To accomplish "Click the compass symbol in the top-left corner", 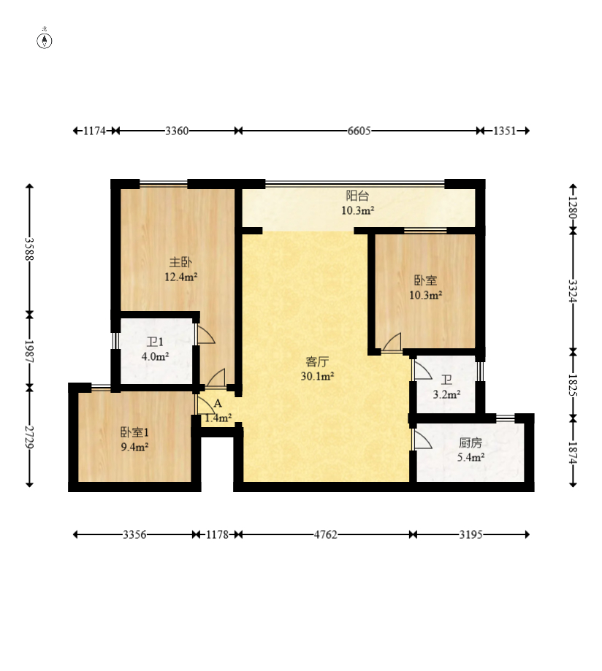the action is [x=44, y=40].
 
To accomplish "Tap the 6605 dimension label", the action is [x=359, y=131].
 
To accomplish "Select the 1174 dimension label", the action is [x=94, y=131].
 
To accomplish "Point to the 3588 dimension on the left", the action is [x=29, y=249].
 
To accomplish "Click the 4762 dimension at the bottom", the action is [x=325, y=534].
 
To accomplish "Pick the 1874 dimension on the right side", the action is [x=574, y=453].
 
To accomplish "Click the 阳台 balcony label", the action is [x=357, y=196].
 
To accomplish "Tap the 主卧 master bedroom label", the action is [x=180, y=262].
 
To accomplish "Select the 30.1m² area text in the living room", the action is [x=317, y=376].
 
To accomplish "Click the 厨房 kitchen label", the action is [x=470, y=442].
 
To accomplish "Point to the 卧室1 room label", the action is [x=134, y=432].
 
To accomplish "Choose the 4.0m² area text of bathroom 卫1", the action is [x=155, y=356].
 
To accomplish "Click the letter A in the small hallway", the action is [x=218, y=404].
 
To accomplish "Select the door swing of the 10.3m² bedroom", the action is [x=392, y=342].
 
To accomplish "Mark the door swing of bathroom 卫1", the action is [x=205, y=334].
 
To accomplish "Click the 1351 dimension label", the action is [x=504, y=131].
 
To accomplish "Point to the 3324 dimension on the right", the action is [x=574, y=291].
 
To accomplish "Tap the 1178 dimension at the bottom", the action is [x=217, y=534].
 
